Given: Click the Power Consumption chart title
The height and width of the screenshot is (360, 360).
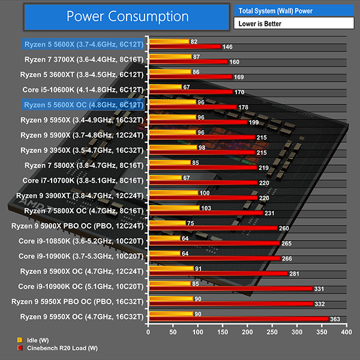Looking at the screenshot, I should pyautogui.click(x=127, y=16).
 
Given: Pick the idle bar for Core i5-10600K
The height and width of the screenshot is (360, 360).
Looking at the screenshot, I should pyautogui.click(x=164, y=87).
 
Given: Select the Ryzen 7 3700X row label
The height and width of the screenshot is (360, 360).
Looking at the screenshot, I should pyautogui.click(x=84, y=59).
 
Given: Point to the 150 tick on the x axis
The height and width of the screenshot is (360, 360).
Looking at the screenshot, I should pyautogui.click(x=222, y=331).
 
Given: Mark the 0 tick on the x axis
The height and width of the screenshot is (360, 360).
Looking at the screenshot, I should pyautogui.click(x=148, y=331).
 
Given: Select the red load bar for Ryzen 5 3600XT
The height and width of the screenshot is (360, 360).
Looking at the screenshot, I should pyautogui.click(x=190, y=77).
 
